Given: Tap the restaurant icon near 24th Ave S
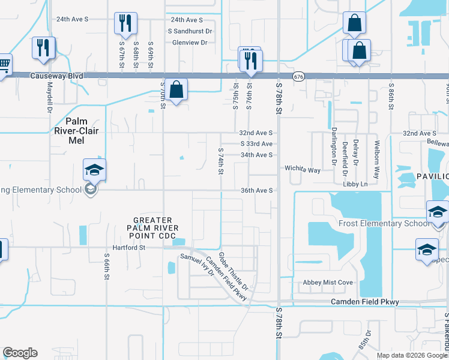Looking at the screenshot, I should (x=125, y=23).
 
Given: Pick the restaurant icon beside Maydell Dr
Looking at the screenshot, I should (x=44, y=48).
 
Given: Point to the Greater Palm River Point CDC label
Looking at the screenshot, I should (x=152, y=227).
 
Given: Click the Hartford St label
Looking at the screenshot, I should (x=129, y=247).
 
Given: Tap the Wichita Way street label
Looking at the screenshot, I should (x=303, y=170).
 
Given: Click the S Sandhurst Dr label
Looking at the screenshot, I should (x=190, y=31).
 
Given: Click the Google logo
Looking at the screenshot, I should (x=20, y=353).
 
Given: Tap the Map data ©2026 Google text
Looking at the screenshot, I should (x=411, y=355).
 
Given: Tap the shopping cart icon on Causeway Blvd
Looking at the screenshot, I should (x=3, y=64).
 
